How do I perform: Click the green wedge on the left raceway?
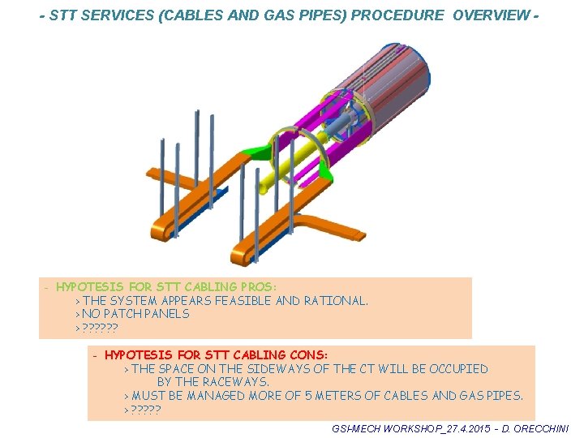(257, 150)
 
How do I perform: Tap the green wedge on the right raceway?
(327, 167)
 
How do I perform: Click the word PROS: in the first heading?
(257, 287)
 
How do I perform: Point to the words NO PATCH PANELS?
(135, 314)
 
